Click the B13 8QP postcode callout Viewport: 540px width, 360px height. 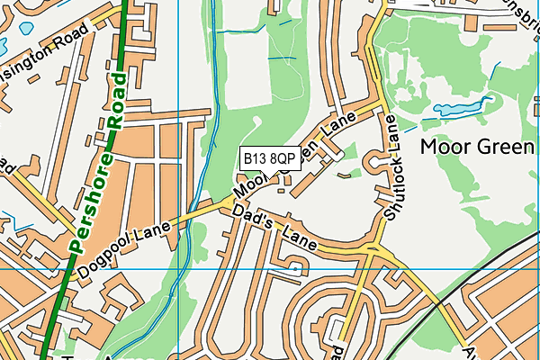tap(270, 158)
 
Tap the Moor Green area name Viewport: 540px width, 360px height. tap(478, 146)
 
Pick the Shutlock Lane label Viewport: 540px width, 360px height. tap(392, 168)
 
